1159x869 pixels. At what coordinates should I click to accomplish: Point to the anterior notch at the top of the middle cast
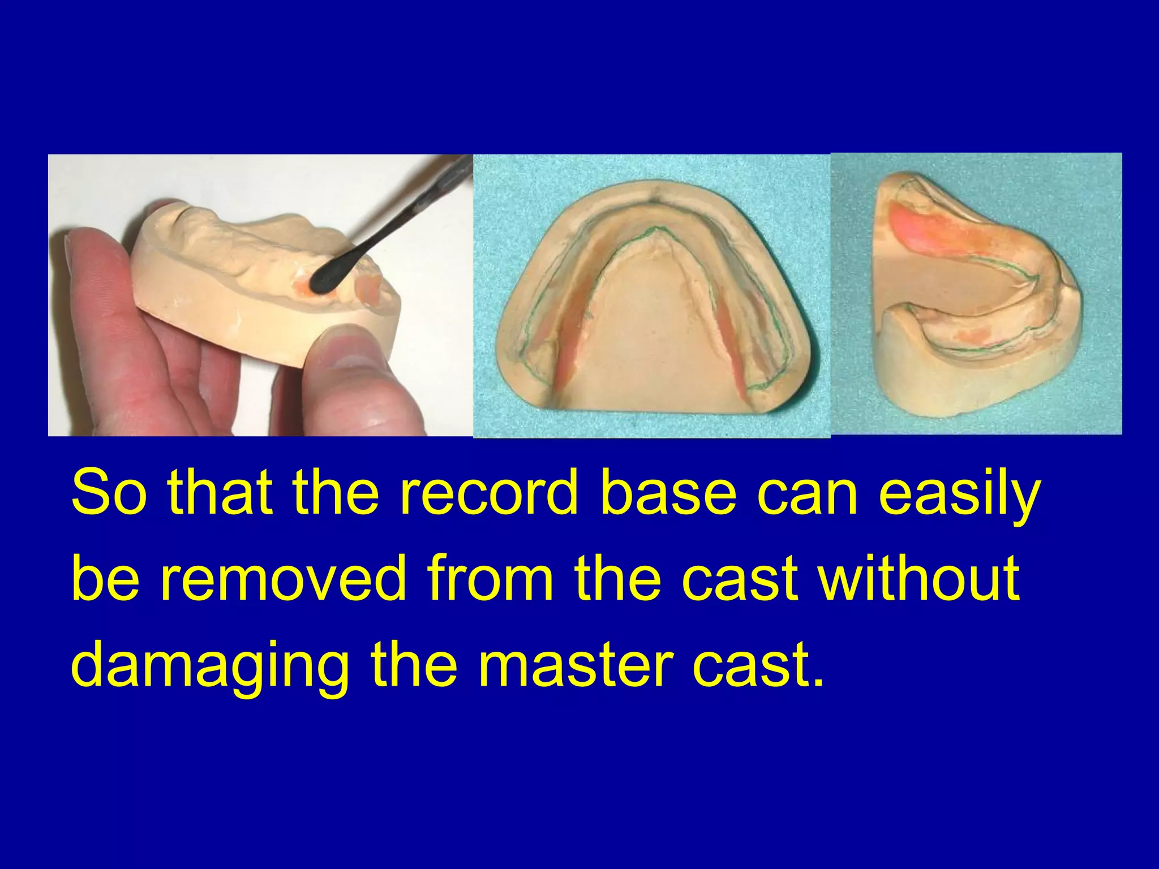(x=654, y=197)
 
